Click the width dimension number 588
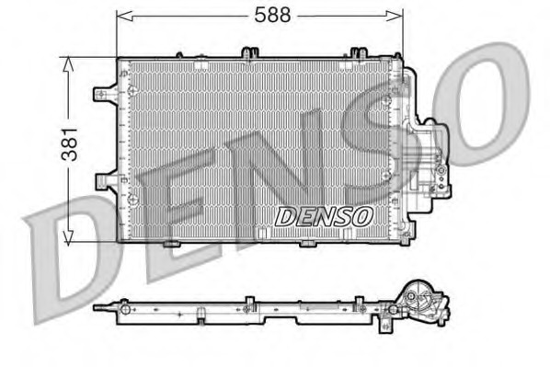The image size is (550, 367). pos(272,15)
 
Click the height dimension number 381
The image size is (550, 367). pos(70,144)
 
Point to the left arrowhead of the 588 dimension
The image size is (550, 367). pos(124,16)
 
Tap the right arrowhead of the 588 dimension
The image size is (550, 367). pos(395,16)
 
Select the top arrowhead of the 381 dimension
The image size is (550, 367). pos(68,64)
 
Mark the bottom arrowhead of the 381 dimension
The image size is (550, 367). pos(68,237)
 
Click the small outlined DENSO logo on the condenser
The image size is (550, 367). pos(323,216)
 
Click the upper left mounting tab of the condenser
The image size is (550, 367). pos(105,94)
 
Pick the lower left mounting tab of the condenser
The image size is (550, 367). pos(107,181)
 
